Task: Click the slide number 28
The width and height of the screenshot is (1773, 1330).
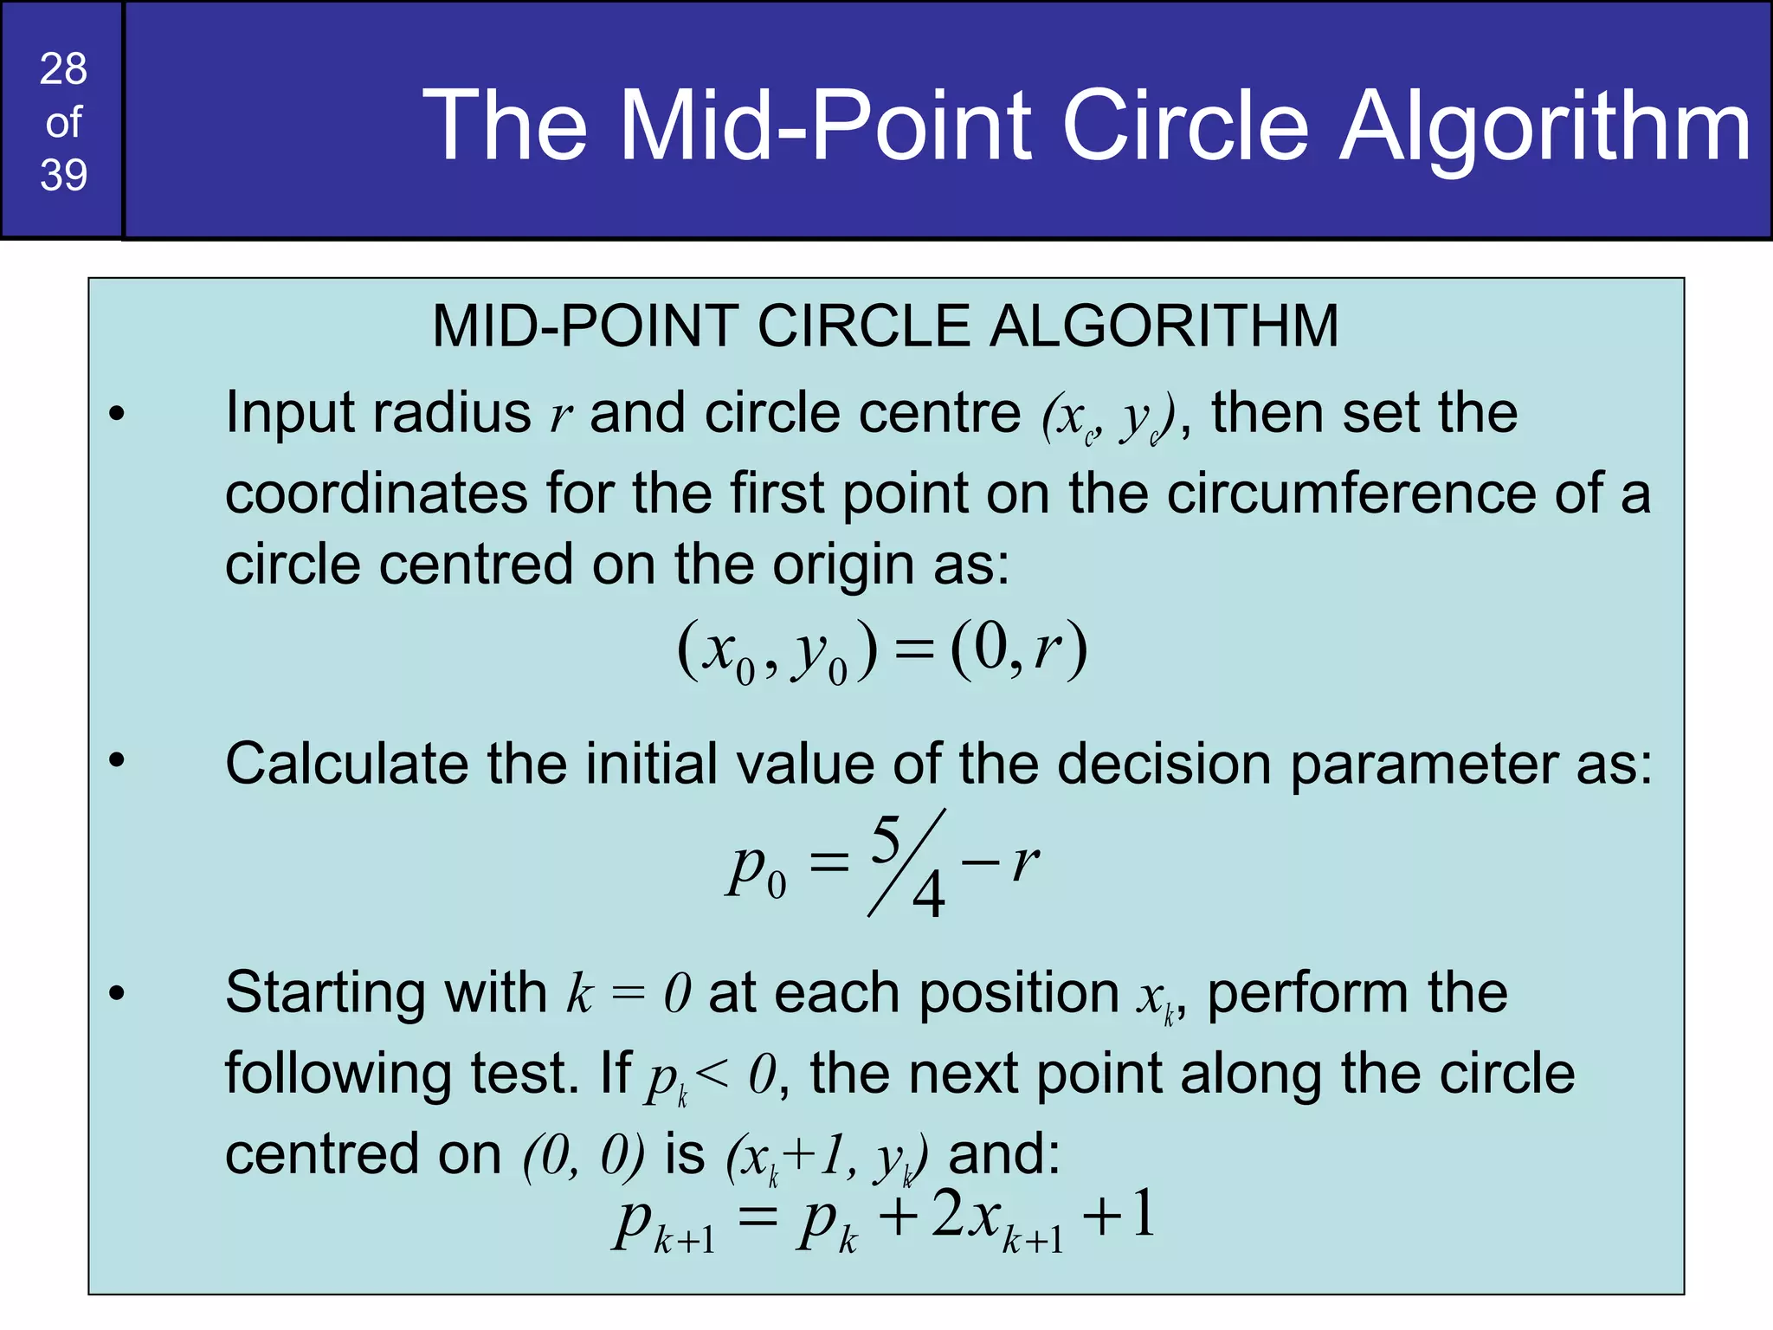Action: click(63, 69)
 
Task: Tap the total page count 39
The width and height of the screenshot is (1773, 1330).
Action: click(63, 176)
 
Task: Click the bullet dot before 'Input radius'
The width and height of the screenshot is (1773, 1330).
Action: click(118, 414)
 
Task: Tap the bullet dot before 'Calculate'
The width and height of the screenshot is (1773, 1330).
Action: click(118, 760)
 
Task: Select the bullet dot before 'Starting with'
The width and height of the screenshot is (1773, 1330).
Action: click(118, 993)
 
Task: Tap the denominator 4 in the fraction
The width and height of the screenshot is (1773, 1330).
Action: click(929, 895)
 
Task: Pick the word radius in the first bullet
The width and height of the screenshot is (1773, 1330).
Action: click(451, 413)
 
